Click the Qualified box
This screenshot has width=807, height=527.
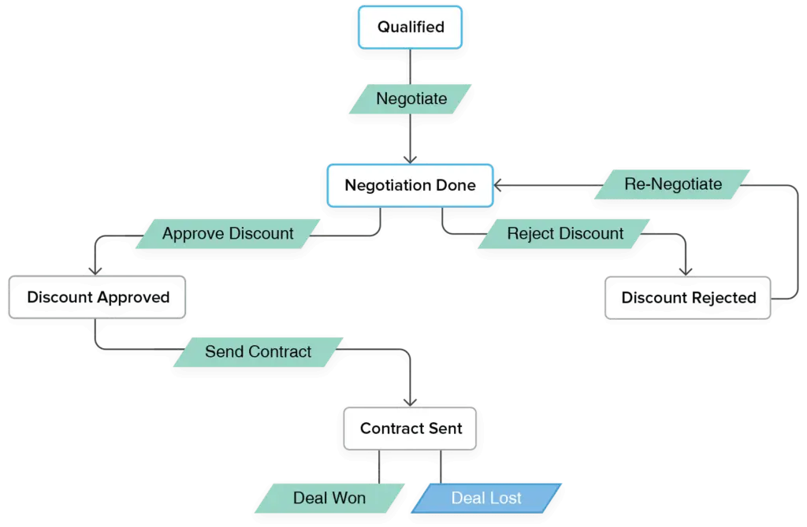[410, 28]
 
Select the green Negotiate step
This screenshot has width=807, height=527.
[411, 99]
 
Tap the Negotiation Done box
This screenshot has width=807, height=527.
[410, 186]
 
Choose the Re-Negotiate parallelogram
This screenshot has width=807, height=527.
[672, 184]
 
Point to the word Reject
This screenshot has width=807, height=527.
[530, 234]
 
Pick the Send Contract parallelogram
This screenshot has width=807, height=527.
[258, 352]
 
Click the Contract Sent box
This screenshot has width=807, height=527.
[410, 429]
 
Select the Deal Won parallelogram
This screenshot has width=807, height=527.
[329, 498]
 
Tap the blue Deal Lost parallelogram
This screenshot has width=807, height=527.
[486, 498]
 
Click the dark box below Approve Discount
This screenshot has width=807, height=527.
[98, 298]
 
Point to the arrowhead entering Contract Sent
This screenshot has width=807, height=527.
[411, 399]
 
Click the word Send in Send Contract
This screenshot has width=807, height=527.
[221, 352]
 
